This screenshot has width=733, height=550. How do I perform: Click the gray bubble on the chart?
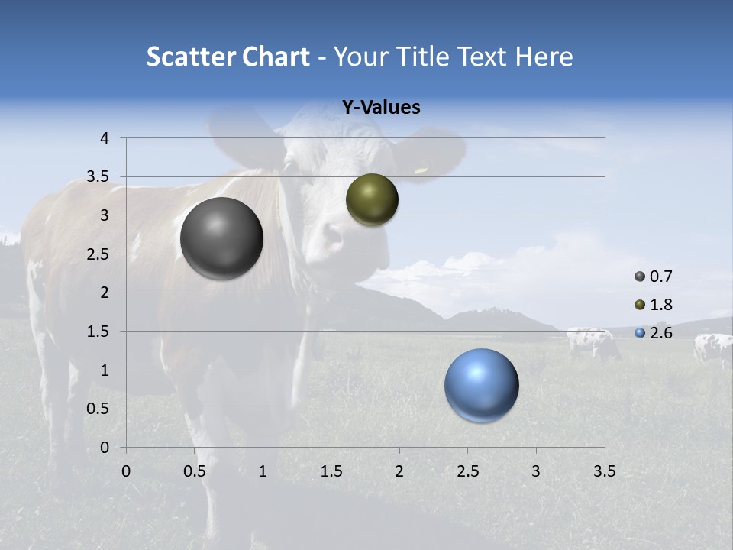click(x=221, y=238)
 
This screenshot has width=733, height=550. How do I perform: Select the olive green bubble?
click(x=372, y=199)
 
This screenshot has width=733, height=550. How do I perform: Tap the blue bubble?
click(x=481, y=385)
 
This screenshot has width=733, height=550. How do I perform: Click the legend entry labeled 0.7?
click(x=654, y=277)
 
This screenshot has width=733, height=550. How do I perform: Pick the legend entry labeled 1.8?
click(x=654, y=305)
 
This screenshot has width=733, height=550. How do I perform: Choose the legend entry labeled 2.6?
click(x=654, y=332)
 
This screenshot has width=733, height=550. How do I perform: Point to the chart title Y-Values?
click(x=380, y=108)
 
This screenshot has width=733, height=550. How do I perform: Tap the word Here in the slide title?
click(x=544, y=57)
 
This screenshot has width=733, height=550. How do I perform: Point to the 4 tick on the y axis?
click(x=105, y=138)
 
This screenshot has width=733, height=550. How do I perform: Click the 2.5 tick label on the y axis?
click(x=99, y=254)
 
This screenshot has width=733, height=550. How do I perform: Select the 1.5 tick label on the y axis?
click(x=99, y=332)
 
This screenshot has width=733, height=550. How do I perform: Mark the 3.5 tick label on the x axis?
click(x=604, y=471)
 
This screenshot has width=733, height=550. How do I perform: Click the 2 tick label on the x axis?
click(x=399, y=471)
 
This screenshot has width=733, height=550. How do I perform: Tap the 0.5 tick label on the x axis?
click(x=195, y=471)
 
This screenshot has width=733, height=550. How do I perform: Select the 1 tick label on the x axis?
click(x=263, y=471)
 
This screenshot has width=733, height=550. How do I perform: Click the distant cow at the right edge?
click(x=712, y=348)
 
